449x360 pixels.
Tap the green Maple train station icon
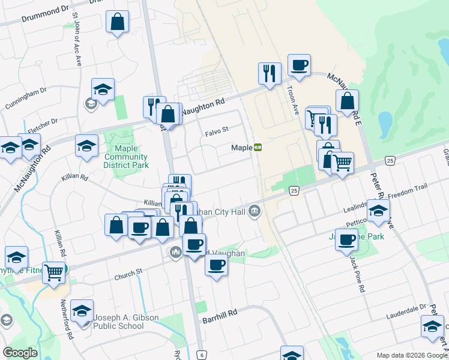click(258, 147)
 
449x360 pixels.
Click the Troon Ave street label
click(294, 100)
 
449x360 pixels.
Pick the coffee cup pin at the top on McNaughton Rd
click(298, 65)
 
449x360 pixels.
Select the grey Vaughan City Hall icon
click(255, 211)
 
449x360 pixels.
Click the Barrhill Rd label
click(220, 313)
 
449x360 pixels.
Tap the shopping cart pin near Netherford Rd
click(54, 272)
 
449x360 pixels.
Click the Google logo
click(20, 353)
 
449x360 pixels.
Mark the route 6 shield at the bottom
click(202, 355)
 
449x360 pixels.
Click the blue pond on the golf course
click(385, 124)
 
